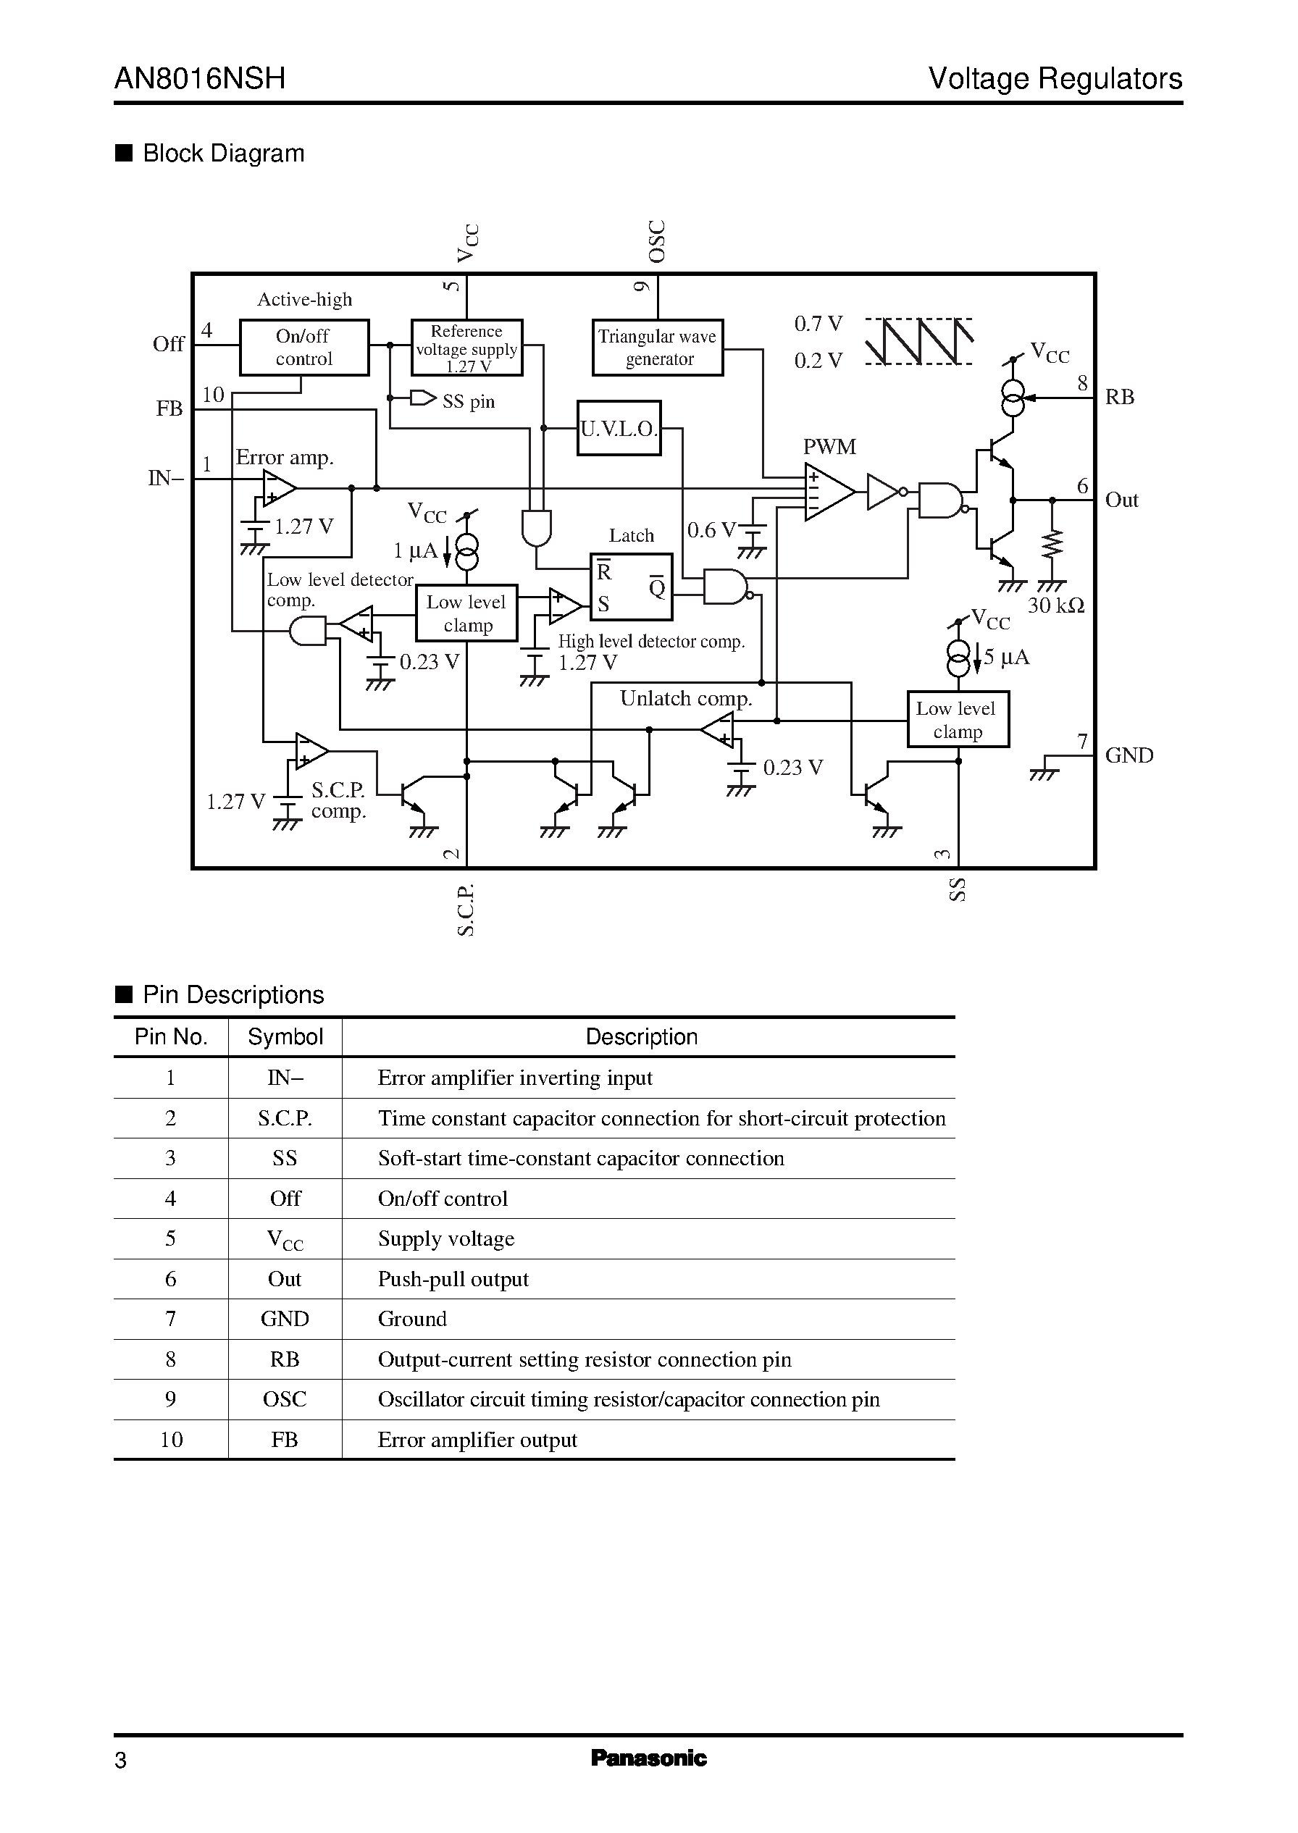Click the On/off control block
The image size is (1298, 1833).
click(303, 348)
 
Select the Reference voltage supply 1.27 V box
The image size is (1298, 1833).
click(466, 348)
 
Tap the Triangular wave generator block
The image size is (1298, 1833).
click(658, 348)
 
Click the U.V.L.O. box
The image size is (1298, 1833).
click(619, 428)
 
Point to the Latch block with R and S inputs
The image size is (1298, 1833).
click(631, 587)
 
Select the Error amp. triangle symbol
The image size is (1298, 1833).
click(279, 488)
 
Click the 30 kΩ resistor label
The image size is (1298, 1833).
click(1055, 605)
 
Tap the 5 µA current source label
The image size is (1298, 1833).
click(1006, 657)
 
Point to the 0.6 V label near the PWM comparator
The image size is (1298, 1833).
click(711, 529)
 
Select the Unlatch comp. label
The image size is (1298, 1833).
click(686, 698)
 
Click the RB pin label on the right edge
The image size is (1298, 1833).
click(1119, 397)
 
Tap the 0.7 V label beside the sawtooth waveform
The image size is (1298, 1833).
click(818, 324)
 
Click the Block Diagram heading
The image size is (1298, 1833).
click(223, 154)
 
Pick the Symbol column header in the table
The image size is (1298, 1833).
click(285, 1037)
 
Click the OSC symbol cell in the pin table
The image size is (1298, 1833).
click(285, 1399)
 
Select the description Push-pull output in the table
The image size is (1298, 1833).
click(453, 1279)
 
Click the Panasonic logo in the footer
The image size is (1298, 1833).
click(648, 1758)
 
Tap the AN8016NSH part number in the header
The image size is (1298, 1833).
click(200, 78)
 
